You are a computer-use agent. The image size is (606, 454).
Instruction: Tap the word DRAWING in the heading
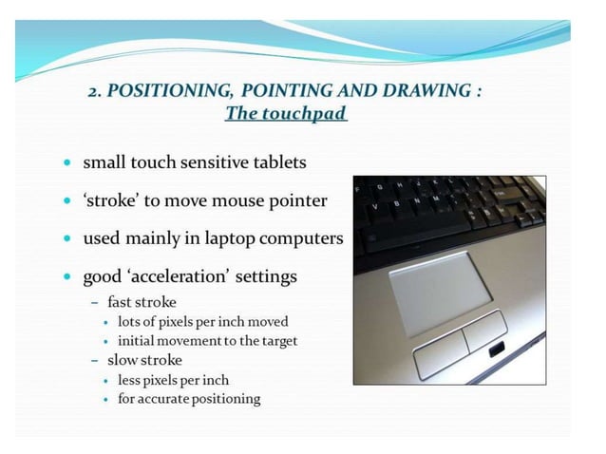[x=426, y=91]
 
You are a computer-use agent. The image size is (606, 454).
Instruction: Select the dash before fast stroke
[x=95, y=303]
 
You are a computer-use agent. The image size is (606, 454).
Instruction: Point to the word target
[x=276, y=340]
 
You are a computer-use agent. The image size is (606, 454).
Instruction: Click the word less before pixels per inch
[x=132, y=380]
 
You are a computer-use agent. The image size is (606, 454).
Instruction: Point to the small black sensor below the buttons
[x=496, y=351]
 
